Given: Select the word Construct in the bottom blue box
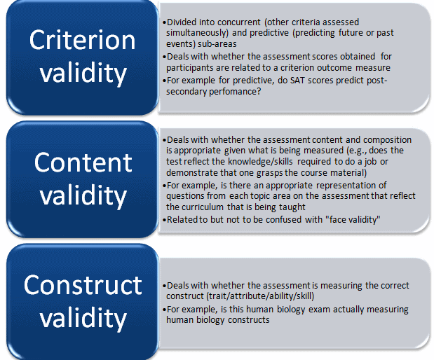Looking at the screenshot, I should (83, 284).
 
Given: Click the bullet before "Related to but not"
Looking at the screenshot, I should (163, 219).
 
